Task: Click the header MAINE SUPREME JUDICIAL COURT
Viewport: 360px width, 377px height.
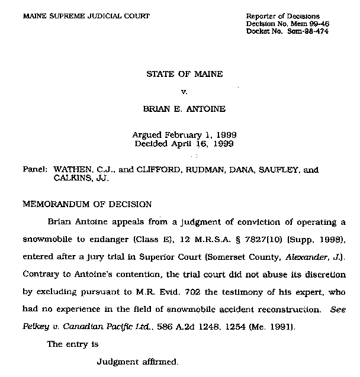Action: [86, 15]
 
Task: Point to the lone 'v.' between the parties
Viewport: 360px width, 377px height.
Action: [183, 92]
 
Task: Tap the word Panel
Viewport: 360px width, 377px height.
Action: [35, 170]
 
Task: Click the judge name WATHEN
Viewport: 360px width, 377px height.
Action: [73, 170]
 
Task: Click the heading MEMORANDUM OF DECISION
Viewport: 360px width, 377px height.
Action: [87, 204]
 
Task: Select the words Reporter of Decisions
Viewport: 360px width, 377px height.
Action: [282, 15]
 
